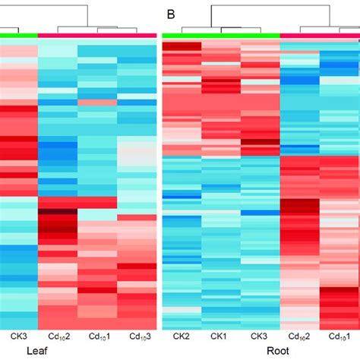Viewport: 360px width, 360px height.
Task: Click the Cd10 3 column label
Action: (x=137, y=336)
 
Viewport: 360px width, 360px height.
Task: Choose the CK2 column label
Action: (x=182, y=335)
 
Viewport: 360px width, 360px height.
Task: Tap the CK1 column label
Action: (x=221, y=335)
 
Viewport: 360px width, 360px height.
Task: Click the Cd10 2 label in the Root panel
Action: (x=300, y=336)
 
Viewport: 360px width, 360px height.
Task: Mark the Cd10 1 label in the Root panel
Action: (x=339, y=336)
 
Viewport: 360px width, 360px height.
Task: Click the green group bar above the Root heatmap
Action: (x=221, y=34)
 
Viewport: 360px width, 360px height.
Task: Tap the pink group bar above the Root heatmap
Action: (x=320, y=34)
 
